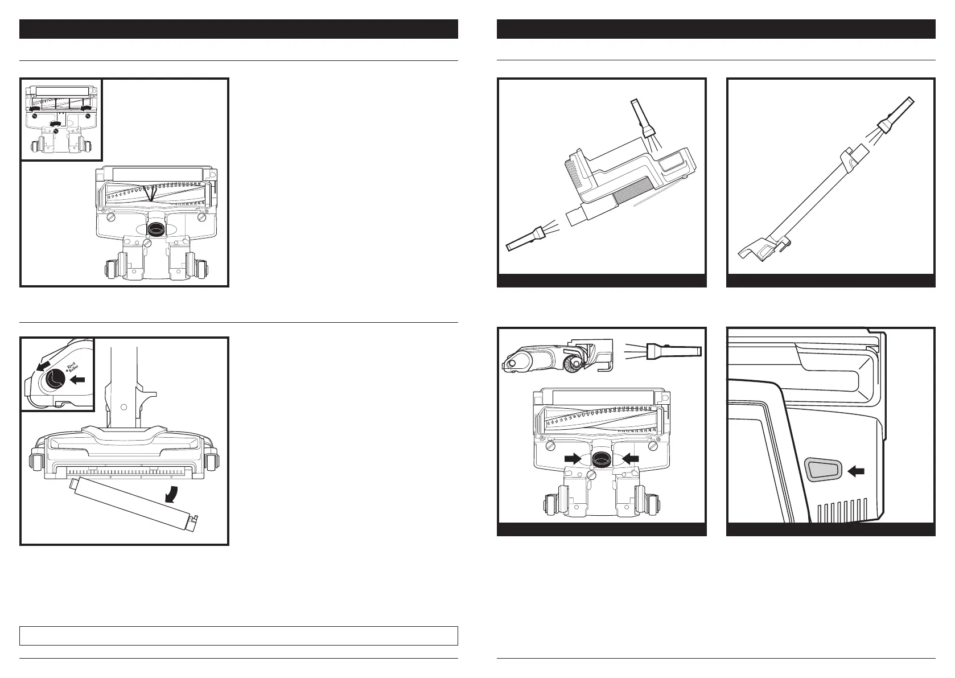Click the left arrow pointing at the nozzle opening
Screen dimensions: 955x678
pos(574,458)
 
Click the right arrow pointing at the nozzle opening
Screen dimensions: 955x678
pos(629,458)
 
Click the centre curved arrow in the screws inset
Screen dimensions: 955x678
pos(56,124)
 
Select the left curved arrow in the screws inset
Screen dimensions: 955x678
pos(36,108)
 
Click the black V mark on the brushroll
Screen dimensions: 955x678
pos(150,195)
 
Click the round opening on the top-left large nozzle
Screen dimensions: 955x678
pos(155,229)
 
